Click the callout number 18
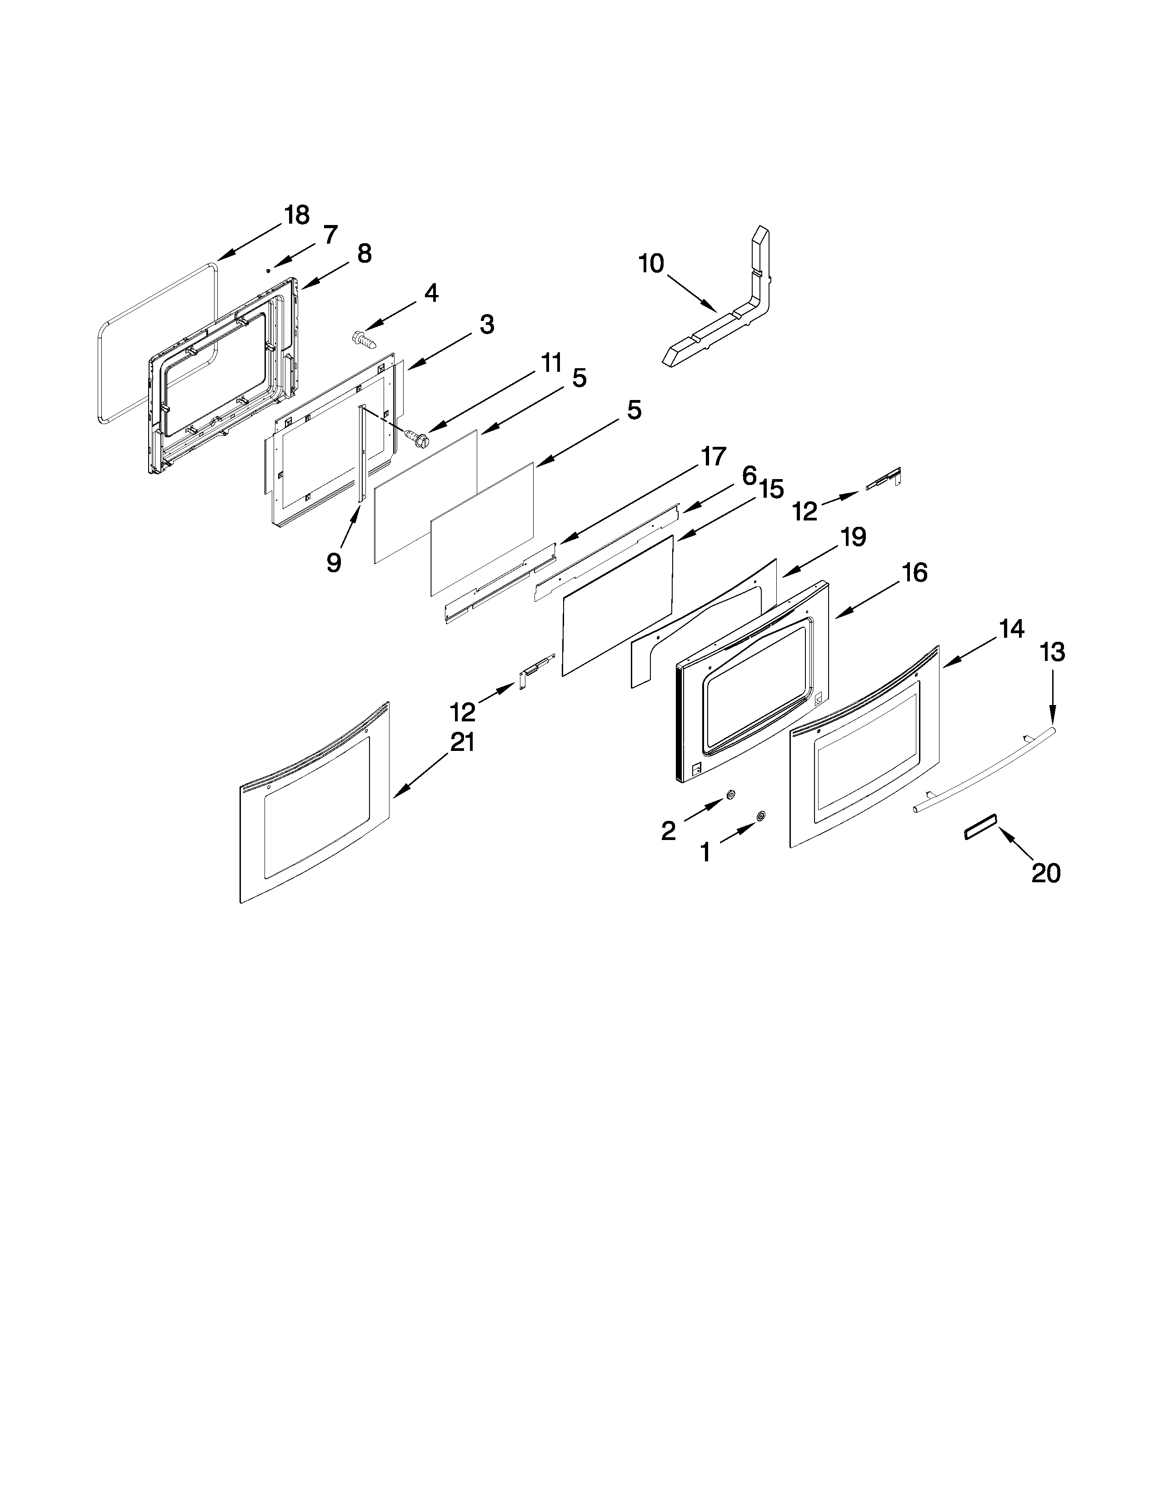[x=297, y=215]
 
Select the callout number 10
[x=651, y=263]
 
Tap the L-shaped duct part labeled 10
[x=728, y=323]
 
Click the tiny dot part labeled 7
[x=269, y=270]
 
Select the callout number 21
[x=461, y=742]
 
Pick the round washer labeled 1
[x=761, y=816]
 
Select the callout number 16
[x=914, y=572]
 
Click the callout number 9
[x=334, y=563]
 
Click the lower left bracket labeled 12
[x=535, y=669]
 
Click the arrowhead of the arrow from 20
[x=1000, y=830]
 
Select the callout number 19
[x=853, y=536]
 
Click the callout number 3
[x=486, y=324]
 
